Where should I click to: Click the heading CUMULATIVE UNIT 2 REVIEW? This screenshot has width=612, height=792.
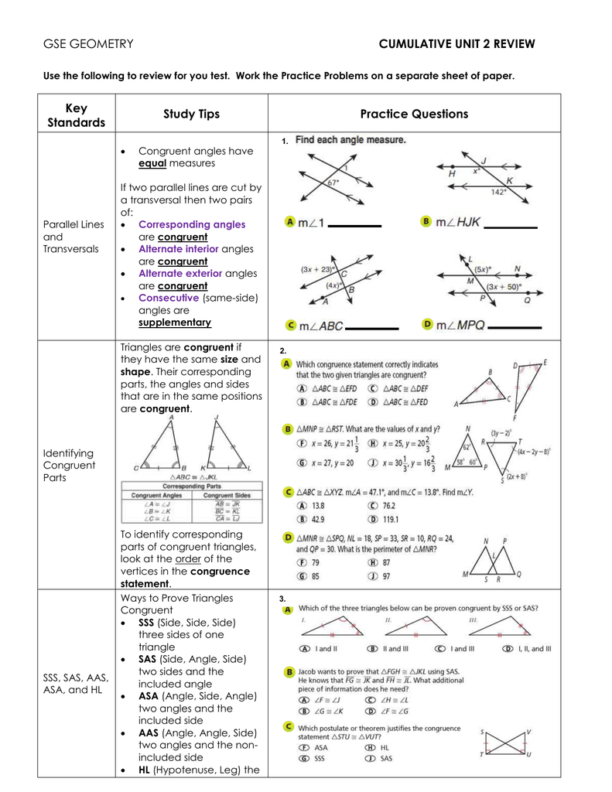coord(456,44)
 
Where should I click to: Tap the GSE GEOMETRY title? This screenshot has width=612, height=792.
coord(88,44)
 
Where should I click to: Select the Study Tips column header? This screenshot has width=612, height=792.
coord(191,114)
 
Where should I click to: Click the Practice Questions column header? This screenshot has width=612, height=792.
coord(414,114)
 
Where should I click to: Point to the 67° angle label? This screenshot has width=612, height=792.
coord(333,184)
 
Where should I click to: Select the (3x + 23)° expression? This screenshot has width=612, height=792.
coord(316,270)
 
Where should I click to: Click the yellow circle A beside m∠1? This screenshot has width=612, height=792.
coord(290,222)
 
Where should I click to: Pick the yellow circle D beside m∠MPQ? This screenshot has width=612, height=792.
coord(427,325)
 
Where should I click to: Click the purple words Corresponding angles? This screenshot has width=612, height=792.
coord(192,224)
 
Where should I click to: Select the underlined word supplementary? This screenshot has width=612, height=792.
coord(175,323)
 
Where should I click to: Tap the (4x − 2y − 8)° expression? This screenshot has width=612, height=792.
coord(534,451)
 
